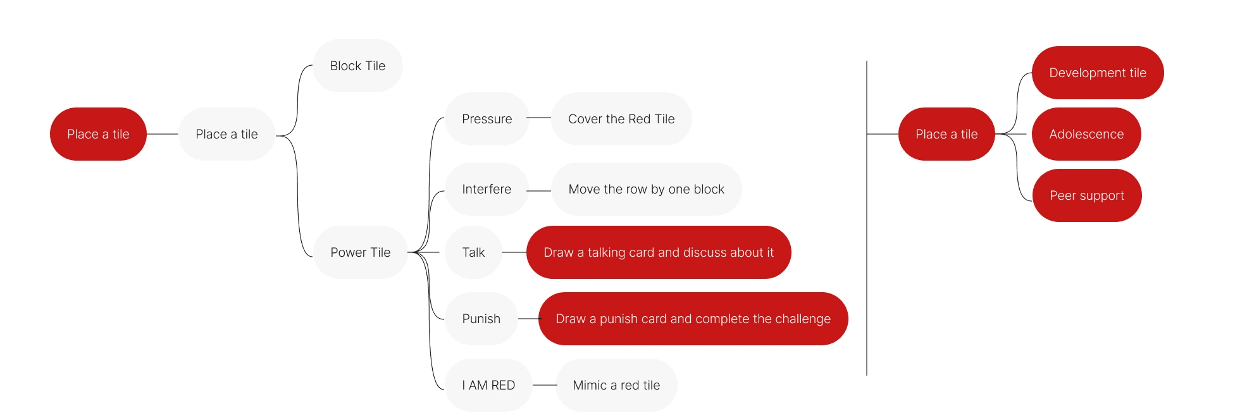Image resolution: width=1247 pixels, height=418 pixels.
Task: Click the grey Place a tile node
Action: [x=226, y=134]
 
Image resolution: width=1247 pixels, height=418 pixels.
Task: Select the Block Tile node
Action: [x=357, y=66]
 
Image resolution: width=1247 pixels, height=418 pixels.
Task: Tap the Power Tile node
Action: [x=360, y=252]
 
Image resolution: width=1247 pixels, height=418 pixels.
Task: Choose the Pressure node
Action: [x=487, y=119]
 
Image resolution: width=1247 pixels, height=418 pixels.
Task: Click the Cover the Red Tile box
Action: [x=621, y=119]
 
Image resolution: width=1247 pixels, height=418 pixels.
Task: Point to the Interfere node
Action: [x=486, y=189]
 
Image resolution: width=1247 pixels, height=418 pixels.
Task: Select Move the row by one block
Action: [x=646, y=189]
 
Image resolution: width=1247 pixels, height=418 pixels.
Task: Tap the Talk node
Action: [x=473, y=252]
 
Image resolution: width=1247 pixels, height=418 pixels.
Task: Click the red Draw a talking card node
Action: [x=658, y=252]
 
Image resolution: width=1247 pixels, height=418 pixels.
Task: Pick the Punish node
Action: [x=481, y=319]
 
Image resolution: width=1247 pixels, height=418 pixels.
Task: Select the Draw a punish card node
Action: [x=693, y=319]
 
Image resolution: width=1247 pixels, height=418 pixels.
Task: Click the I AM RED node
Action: [x=488, y=385]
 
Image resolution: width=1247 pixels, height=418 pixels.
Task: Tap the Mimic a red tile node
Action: [x=616, y=385]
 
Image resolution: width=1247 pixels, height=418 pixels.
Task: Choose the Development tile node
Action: [x=1097, y=73]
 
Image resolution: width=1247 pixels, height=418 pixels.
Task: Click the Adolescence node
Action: [x=1086, y=134]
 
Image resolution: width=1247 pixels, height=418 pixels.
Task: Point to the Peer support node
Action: [x=1086, y=195]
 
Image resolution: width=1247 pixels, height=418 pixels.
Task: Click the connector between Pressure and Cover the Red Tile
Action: [x=539, y=118]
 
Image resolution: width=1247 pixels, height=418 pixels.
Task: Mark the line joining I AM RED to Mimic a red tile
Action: [x=544, y=384]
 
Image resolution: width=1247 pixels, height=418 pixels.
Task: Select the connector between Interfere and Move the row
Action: [x=539, y=190]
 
